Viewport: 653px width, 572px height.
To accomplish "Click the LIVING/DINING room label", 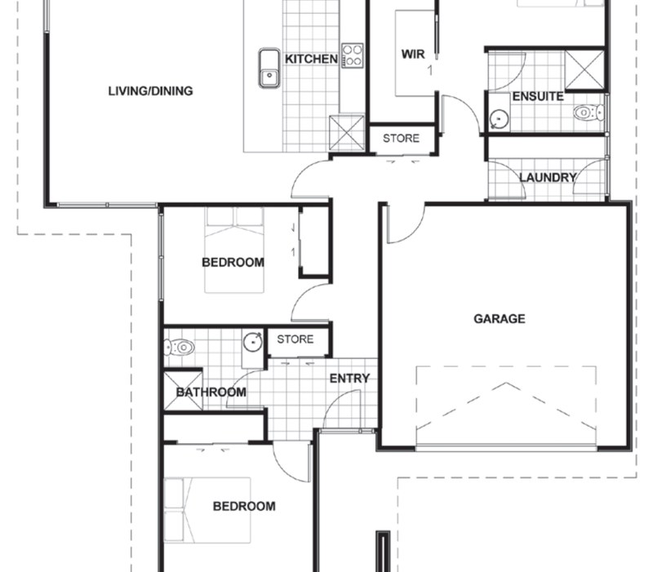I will point(150,91).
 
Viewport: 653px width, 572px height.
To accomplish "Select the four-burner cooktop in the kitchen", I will point(352,55).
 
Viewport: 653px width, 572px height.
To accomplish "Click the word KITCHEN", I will point(310,60).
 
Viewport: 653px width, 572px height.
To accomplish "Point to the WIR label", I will point(414,55).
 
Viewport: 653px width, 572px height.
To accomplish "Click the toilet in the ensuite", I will point(586,113).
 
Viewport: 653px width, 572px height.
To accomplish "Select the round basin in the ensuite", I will point(499,120).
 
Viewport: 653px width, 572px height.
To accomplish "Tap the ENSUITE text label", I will point(537,96).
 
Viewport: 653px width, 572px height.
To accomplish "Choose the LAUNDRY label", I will point(548,177).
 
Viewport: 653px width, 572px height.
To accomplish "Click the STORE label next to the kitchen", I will point(401,139).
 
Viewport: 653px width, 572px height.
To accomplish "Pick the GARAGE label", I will point(499,319).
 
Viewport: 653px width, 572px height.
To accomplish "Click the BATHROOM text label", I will point(211,392).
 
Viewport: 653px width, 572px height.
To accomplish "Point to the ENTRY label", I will point(349,379).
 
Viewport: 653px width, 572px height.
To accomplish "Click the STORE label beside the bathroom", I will point(295,339).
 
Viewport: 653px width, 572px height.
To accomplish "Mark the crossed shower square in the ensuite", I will point(584,69).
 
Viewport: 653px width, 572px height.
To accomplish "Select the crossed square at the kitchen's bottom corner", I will point(346,132).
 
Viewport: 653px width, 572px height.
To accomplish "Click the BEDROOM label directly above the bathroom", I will point(233,263).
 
